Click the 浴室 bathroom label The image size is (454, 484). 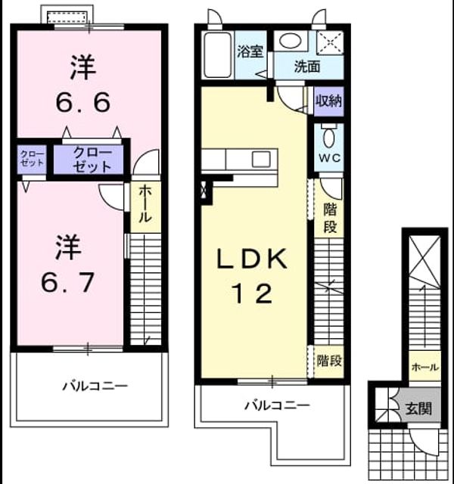click(250, 51)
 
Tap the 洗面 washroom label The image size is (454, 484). click(307, 67)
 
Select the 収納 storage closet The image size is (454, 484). click(328, 101)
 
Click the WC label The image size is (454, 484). click(330, 158)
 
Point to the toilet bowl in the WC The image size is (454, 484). click(328, 137)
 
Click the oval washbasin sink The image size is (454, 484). click(290, 41)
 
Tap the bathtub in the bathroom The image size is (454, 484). click(218, 55)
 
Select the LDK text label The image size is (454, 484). click(252, 259)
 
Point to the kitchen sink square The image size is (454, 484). click(261, 160)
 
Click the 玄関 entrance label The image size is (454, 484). click(418, 408)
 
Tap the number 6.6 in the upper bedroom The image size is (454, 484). click(82, 103)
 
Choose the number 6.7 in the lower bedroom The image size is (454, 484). click(67, 282)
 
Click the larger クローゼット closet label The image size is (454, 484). click(92, 160)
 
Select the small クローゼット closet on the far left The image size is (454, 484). click(32, 159)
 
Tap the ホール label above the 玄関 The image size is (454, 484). click(425, 367)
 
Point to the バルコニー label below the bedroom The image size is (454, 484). click(95, 386)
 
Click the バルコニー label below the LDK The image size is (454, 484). click(277, 405)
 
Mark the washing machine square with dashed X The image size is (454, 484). click(330, 42)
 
